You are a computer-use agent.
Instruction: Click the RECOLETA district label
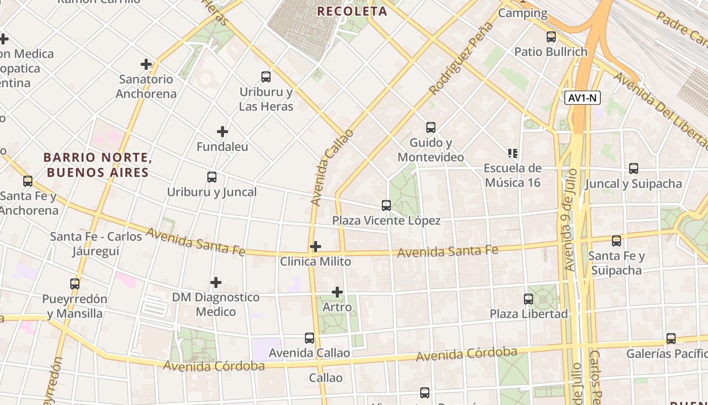click(x=352, y=11)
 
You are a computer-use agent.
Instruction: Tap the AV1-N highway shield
click(x=583, y=98)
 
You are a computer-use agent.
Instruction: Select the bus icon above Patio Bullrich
click(x=551, y=37)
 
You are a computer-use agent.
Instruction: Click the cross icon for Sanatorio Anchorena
click(x=146, y=64)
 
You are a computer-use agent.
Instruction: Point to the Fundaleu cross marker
click(x=223, y=132)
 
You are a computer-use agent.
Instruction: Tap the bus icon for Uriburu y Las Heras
click(x=266, y=77)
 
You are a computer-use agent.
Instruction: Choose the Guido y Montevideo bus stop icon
click(x=431, y=128)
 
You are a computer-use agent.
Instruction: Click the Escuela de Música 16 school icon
click(x=512, y=153)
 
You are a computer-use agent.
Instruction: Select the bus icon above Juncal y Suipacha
click(x=634, y=169)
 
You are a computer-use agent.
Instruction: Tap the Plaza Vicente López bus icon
click(x=386, y=206)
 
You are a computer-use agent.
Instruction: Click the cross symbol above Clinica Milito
click(x=316, y=247)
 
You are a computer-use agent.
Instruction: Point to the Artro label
click(x=337, y=307)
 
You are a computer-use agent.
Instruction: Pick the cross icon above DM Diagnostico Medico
click(x=216, y=282)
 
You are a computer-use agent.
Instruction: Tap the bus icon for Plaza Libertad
click(x=528, y=299)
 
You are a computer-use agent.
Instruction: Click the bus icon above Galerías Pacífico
click(x=671, y=339)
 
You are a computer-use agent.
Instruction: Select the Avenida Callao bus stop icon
click(x=309, y=338)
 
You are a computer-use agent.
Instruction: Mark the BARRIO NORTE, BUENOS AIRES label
click(x=98, y=165)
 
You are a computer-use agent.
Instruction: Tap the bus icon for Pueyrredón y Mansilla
click(x=75, y=284)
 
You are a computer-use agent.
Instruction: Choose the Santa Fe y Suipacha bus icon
click(x=616, y=241)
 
